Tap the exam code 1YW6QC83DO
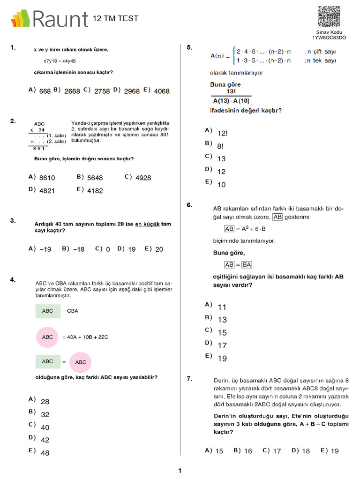(329, 37)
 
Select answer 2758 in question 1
(102, 91)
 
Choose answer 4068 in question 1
(161, 91)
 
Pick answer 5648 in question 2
(95, 178)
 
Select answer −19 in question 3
(45, 249)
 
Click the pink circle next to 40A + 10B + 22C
(48, 337)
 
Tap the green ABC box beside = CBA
(48, 311)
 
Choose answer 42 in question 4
(45, 440)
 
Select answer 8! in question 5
(220, 146)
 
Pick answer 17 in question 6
(222, 345)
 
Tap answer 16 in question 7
(248, 451)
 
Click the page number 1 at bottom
(180, 471)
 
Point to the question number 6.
(189, 205)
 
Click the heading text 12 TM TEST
(115, 18)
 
